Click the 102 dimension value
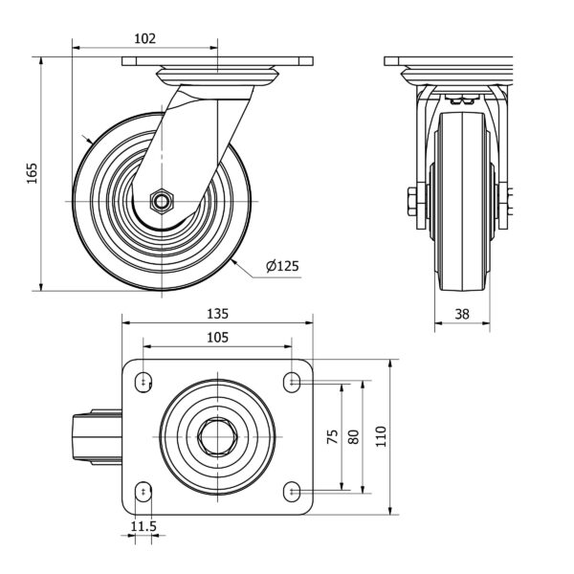pos(144,39)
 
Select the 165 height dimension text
pos(33,172)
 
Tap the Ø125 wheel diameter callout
pos(284,265)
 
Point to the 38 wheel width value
pos(462,313)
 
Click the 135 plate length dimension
pos(217,314)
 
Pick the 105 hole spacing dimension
pos(217,337)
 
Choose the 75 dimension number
pos(333,436)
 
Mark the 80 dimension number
pos(354,436)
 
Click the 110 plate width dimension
pos(382,436)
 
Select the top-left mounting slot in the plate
pos(143,381)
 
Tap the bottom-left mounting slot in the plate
pos(143,492)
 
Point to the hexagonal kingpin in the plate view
pos(217,436)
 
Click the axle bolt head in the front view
pos(412,201)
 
